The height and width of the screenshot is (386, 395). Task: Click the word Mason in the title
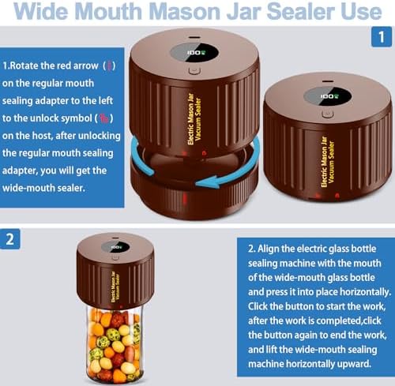(x=186, y=12)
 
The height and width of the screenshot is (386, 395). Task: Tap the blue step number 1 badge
(x=382, y=37)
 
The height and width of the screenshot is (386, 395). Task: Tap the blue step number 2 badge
(x=9, y=239)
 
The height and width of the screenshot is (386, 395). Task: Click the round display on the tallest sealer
(x=194, y=53)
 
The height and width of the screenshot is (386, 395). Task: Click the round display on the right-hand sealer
(x=328, y=96)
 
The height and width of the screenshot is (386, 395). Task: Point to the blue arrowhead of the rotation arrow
(x=207, y=182)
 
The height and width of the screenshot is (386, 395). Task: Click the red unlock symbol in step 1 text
(x=103, y=118)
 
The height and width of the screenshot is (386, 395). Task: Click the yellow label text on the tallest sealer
(x=194, y=119)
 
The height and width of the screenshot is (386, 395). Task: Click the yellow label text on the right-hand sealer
(x=328, y=162)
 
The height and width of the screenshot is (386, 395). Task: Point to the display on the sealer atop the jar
(x=115, y=247)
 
